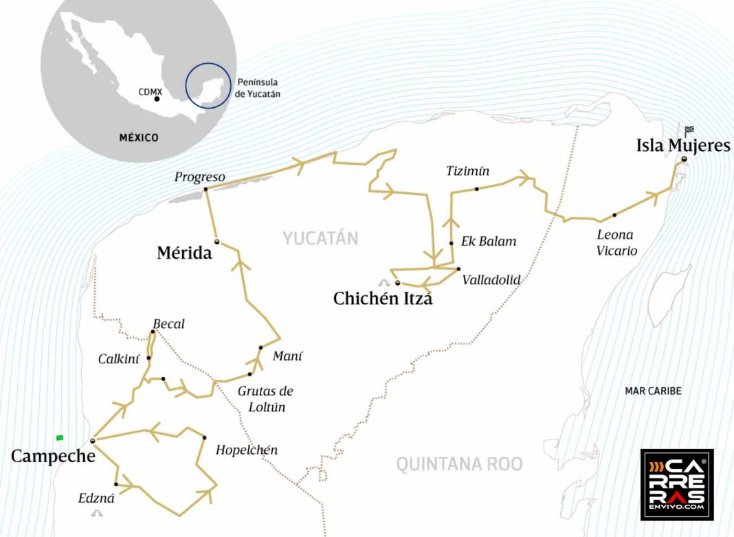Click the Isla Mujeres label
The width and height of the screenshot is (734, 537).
[682, 145]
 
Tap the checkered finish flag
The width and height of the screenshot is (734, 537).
[689, 130]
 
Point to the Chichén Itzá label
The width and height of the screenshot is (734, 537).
[383, 299]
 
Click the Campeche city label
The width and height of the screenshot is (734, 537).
[53, 455]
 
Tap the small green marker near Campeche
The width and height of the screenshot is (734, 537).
[60, 437]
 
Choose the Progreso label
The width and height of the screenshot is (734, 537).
[199, 177]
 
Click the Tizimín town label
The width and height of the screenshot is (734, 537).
[467, 171]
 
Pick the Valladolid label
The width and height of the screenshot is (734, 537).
[491, 279]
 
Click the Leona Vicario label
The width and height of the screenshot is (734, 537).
[616, 242]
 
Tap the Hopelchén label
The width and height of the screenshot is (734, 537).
[247, 450]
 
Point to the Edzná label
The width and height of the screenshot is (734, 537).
[96, 499]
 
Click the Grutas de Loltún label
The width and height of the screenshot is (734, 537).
[265, 399]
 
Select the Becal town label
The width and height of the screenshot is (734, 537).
[168, 324]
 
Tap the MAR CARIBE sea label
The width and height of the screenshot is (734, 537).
[653, 391]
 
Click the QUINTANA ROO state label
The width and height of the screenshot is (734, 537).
[459, 464]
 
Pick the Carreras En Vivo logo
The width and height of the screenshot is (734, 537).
[677, 485]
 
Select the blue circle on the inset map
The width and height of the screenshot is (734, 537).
[208, 86]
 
